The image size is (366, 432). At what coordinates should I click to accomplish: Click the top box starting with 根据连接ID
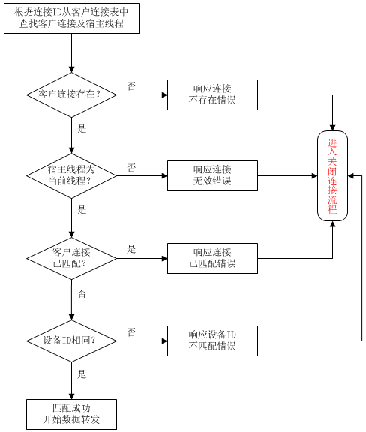click(71, 19)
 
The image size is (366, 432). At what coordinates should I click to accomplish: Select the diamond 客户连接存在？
click(71, 94)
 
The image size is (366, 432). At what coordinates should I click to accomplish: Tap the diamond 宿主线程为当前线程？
click(71, 175)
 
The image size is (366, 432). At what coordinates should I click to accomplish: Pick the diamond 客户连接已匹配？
click(71, 259)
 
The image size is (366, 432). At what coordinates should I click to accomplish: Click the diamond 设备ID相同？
click(71, 340)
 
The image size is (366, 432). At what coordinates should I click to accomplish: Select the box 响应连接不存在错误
click(212, 94)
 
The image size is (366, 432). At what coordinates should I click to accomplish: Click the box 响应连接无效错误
click(212, 175)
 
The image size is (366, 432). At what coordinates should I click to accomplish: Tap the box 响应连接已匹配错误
click(212, 259)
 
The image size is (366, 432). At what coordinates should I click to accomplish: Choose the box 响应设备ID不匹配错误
click(212, 340)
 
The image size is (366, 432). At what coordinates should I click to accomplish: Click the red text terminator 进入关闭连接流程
click(333, 175)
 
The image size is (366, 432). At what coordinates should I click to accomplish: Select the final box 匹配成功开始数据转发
click(71, 414)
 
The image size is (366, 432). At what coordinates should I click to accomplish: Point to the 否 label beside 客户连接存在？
click(131, 86)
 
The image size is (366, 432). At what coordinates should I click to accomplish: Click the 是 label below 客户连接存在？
click(82, 129)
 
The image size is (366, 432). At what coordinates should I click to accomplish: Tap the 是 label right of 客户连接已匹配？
click(131, 249)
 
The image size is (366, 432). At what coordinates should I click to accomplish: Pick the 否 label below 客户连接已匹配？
click(82, 293)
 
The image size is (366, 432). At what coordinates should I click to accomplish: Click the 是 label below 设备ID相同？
click(82, 374)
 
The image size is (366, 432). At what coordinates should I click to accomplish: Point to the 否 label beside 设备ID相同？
click(131, 331)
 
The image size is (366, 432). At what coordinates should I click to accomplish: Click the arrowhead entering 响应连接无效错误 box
click(164, 175)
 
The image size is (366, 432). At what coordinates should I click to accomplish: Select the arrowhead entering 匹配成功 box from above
click(71, 396)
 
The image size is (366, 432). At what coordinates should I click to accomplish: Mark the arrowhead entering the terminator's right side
click(351, 175)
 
